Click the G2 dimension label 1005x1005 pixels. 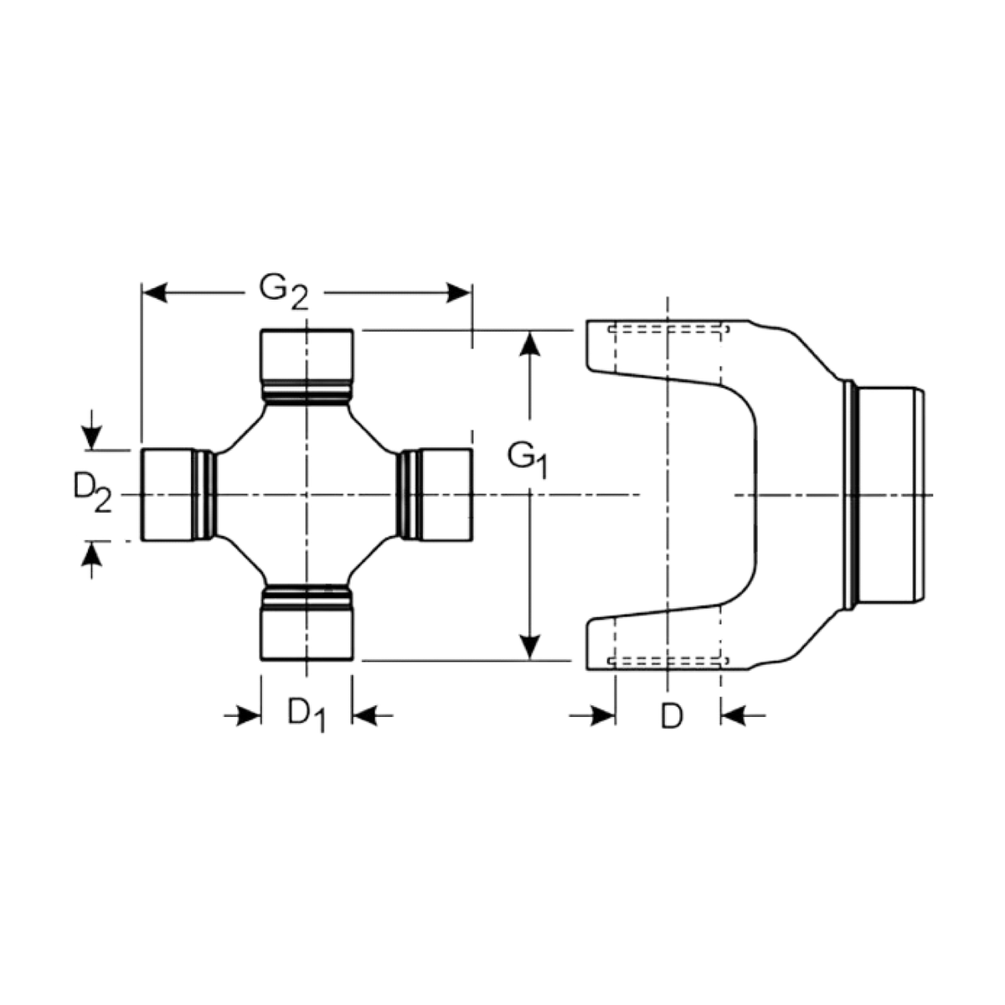click(284, 292)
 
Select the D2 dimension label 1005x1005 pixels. click(93, 493)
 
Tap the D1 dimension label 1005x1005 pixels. click(307, 714)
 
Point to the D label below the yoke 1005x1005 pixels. click(672, 717)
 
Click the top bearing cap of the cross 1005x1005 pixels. click(307, 355)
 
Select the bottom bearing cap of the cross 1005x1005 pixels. click(307, 635)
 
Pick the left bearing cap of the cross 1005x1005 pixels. click(168, 494)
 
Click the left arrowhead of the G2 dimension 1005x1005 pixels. click(154, 292)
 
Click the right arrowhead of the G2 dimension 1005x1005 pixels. click(459, 292)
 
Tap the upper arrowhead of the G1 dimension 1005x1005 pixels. click(530, 343)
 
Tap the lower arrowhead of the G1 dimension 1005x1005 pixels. click(530, 647)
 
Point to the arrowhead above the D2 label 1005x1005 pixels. click(92, 437)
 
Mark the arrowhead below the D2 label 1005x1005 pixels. click(92, 554)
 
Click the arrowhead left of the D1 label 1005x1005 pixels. click(249, 715)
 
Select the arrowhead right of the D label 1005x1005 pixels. click(734, 715)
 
